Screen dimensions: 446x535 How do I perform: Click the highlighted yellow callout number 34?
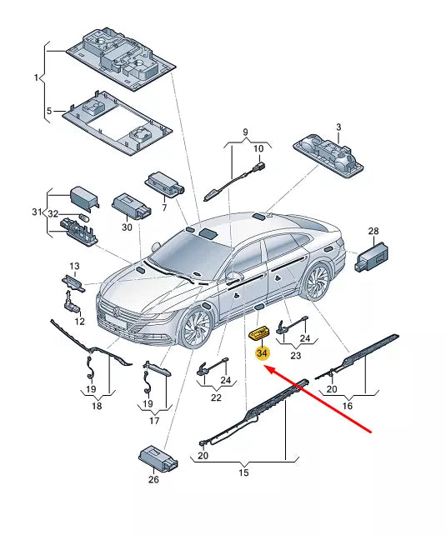click(x=262, y=352)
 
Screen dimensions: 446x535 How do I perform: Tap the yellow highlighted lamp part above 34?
click(x=260, y=333)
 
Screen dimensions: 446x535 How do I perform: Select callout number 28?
click(x=373, y=231)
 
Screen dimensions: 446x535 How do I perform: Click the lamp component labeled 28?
click(x=372, y=257)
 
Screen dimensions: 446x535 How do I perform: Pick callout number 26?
click(x=153, y=479)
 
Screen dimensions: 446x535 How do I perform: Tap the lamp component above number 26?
click(x=158, y=458)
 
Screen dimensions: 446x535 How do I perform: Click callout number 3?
click(x=338, y=127)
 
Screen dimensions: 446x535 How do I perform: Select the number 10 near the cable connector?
click(x=258, y=149)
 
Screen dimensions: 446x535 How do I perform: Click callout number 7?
click(x=164, y=207)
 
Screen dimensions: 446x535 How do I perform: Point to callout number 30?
click(x=127, y=227)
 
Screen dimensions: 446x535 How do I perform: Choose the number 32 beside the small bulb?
click(x=53, y=214)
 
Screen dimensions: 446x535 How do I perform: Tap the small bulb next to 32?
click(x=83, y=217)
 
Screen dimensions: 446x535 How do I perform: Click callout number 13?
click(x=74, y=266)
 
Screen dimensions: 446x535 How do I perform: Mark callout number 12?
click(x=79, y=321)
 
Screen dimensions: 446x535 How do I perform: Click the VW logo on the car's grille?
click(x=116, y=311)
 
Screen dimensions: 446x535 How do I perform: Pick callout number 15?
click(x=243, y=472)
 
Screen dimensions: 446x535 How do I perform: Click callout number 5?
click(x=49, y=111)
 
